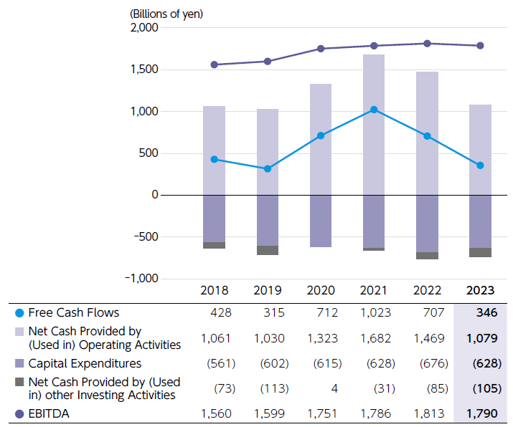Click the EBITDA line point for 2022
point(428,44)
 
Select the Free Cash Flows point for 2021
point(375,110)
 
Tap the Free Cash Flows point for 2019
point(268,169)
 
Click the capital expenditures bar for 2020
point(321,221)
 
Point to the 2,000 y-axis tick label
point(144,28)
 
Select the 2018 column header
point(215,291)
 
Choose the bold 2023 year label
point(481,291)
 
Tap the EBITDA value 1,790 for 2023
point(481,414)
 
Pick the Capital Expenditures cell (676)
point(428,363)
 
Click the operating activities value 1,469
point(428,337)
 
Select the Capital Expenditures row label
point(85,363)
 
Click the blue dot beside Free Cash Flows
point(19,313)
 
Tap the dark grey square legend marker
point(19,383)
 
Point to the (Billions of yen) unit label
point(166,14)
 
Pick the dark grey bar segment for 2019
point(268,250)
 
